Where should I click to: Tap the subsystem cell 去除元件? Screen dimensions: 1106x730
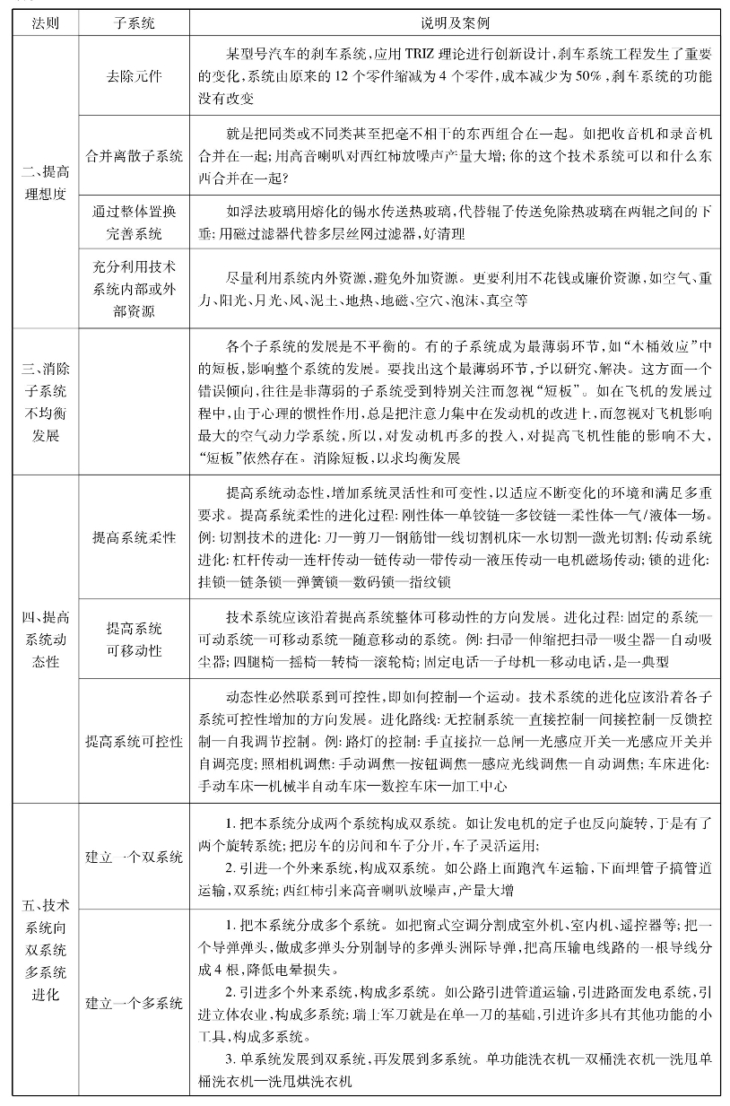(x=135, y=76)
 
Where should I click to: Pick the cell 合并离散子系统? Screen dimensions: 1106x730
(x=135, y=156)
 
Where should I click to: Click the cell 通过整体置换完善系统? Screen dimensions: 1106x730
(x=135, y=223)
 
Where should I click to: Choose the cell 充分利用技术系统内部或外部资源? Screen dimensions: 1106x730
(x=135, y=289)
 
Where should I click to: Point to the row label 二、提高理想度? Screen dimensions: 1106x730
(x=45, y=183)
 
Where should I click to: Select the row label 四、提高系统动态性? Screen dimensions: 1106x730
(x=45, y=639)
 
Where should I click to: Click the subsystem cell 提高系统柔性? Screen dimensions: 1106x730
(x=135, y=537)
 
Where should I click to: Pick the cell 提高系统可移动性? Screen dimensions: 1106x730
(x=135, y=639)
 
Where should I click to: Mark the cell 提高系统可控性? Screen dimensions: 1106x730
(x=135, y=742)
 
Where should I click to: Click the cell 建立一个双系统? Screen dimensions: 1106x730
(x=135, y=856)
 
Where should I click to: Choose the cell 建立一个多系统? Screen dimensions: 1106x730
(x=135, y=1002)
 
